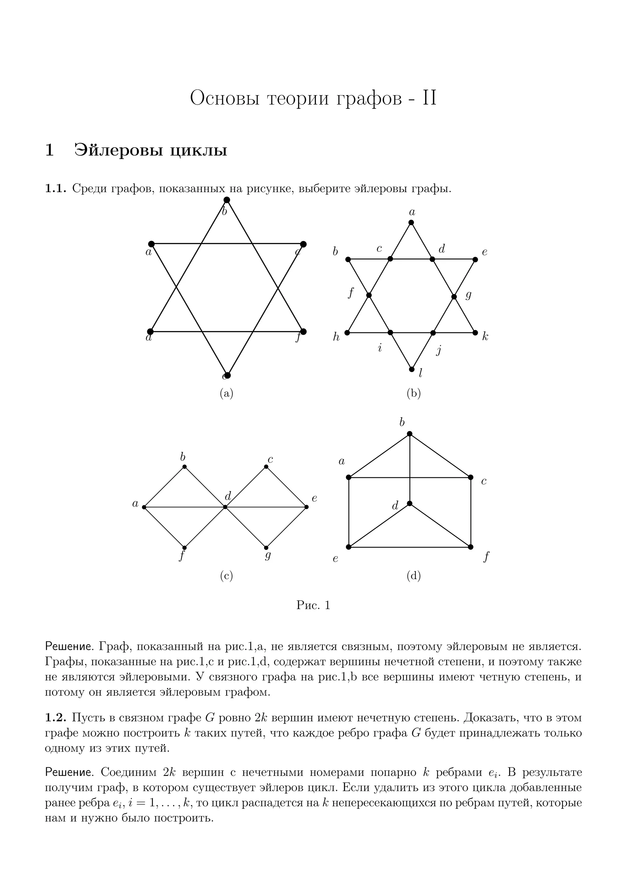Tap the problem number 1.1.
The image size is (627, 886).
(x=56, y=189)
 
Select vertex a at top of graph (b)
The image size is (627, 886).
(x=411, y=222)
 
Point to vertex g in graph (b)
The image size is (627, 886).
(x=454, y=297)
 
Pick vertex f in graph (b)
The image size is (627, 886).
(x=369, y=295)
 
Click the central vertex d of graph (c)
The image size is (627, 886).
(x=225, y=507)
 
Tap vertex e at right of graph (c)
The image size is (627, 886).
(x=306, y=507)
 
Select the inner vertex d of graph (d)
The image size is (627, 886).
(x=410, y=504)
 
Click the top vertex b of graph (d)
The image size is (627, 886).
(x=410, y=434)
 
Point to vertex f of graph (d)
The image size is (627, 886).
(x=471, y=547)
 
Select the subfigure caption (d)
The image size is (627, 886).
(x=414, y=576)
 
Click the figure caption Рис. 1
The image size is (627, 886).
(x=313, y=605)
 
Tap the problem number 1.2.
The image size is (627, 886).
(x=56, y=718)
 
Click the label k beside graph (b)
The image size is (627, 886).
(x=485, y=337)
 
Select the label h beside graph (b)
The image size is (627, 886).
(x=336, y=337)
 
